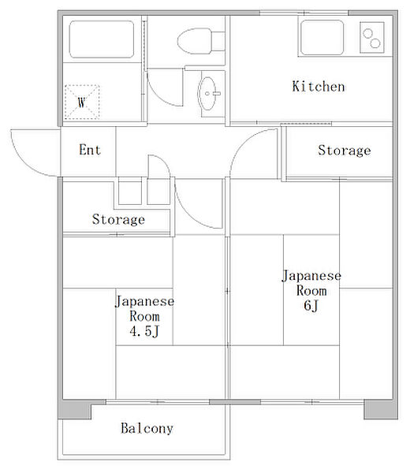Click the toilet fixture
pyautogui.click(x=201, y=41)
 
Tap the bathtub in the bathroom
pyautogui.click(x=102, y=39)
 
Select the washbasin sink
pyautogui.click(x=207, y=94)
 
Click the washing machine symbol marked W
pyautogui.click(x=82, y=102)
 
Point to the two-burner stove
pyautogui.click(x=372, y=37)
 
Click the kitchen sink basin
pyautogui.click(x=322, y=37)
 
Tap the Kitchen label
pyautogui.click(x=319, y=87)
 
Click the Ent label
pyautogui.click(x=90, y=150)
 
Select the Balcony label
pyautogui.click(x=147, y=428)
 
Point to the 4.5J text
pyautogui.click(x=144, y=331)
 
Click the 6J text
pyautogui.click(x=311, y=305)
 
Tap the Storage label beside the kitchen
pyautogui.click(x=345, y=151)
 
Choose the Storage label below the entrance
pyautogui.click(x=118, y=219)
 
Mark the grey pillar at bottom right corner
pyautogui.click(x=381, y=409)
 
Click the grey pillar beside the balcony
pyautogui.click(x=75, y=409)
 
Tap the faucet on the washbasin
pyautogui.click(x=216, y=94)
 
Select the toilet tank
pyautogui.click(x=218, y=41)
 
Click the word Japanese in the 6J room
pyautogui.click(x=311, y=276)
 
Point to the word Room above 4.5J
pyautogui.click(x=144, y=316)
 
